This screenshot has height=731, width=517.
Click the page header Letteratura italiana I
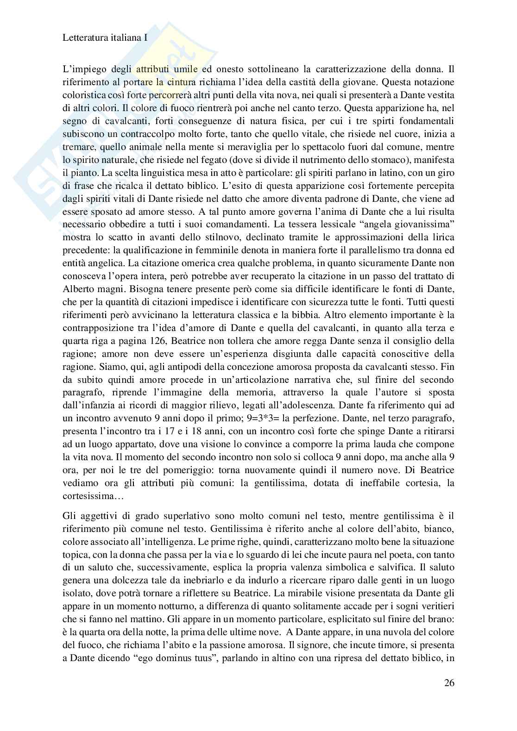(x=105, y=38)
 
